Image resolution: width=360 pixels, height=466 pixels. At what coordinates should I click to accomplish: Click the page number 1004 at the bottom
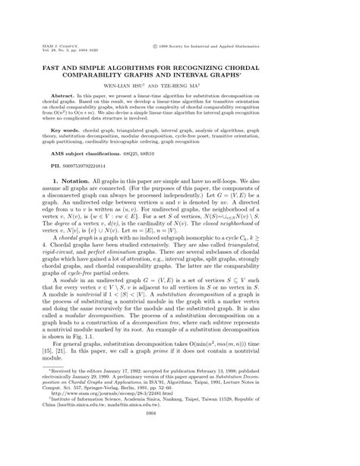(179, 449)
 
